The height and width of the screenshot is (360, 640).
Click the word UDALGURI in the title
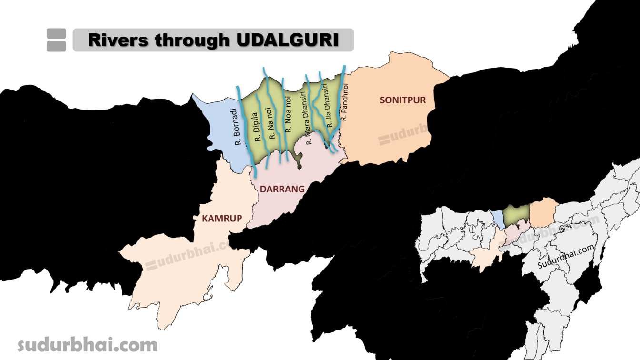click(287, 40)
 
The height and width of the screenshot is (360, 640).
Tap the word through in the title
click(192, 40)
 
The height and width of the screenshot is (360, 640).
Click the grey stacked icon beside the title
click(56, 40)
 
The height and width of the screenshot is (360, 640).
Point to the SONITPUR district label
click(403, 100)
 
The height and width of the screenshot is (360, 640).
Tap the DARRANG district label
click(282, 189)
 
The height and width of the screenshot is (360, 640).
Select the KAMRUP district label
click(222, 218)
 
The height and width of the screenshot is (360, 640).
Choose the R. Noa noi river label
click(288, 114)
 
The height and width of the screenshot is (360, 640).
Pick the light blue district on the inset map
click(498, 218)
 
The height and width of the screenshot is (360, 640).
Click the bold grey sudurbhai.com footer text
click(87, 344)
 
